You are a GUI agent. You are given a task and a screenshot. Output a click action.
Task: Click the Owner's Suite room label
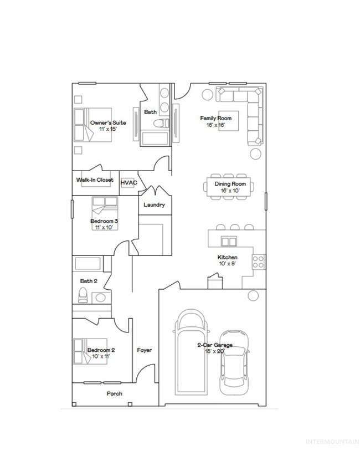point(108,122)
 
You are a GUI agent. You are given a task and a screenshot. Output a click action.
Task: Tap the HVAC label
point(128,182)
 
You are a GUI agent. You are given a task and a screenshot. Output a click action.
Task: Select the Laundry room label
point(154,205)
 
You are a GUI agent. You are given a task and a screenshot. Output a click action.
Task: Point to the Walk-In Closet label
point(95,180)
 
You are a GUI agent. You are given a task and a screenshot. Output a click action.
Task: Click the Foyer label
point(145,350)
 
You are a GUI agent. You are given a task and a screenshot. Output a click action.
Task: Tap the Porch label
point(114,393)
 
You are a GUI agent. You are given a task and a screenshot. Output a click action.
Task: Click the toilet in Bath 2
point(83,295)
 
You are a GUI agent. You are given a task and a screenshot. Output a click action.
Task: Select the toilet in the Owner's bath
point(161,123)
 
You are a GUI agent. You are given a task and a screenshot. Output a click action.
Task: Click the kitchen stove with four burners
point(259,262)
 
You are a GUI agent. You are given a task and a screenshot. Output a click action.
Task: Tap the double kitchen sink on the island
point(229,242)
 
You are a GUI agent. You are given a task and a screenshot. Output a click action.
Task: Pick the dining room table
point(229,187)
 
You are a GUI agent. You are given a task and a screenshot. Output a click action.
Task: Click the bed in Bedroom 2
point(90,351)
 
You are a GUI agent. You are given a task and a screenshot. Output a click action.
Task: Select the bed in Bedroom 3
point(105,213)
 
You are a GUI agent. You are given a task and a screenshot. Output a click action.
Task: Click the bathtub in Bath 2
point(88,263)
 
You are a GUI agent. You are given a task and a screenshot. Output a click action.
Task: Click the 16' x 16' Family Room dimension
point(215,125)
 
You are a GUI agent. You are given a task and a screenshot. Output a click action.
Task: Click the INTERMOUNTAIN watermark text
point(332,442)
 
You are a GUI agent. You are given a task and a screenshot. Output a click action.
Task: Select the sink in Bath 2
point(100,298)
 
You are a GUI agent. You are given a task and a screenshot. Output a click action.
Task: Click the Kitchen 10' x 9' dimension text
point(228,264)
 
